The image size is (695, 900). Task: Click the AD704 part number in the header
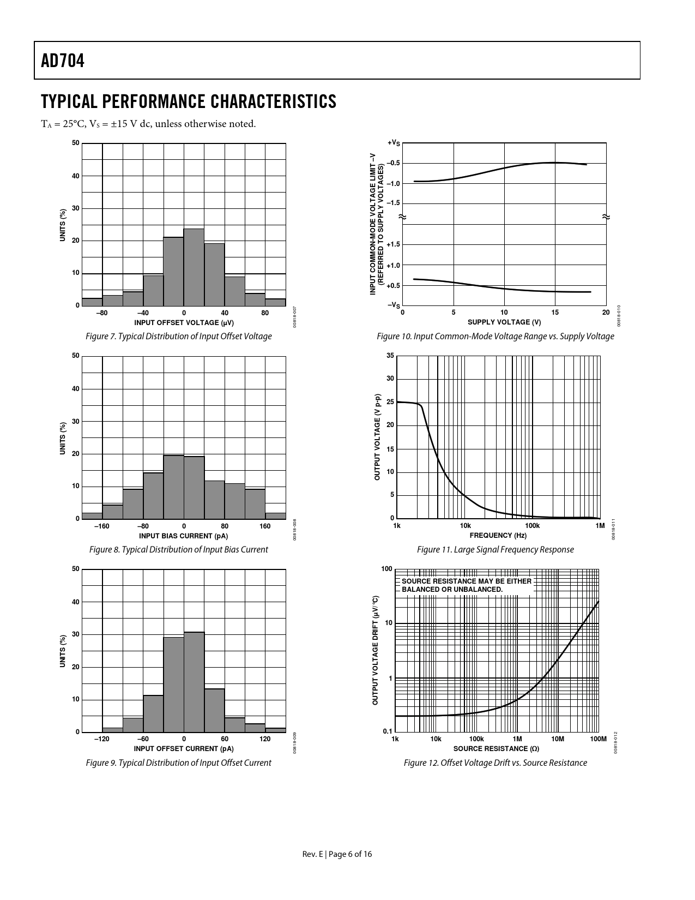[63, 61]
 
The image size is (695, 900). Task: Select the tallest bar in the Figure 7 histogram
[194, 267]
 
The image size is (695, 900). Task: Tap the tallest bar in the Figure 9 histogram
[194, 682]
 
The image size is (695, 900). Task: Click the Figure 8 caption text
[178, 549]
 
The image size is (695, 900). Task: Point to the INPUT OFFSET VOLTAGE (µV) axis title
[184, 323]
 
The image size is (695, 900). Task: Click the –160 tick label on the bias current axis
[102, 526]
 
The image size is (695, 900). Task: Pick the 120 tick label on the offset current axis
[265, 739]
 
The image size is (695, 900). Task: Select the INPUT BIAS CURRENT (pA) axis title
[184, 536]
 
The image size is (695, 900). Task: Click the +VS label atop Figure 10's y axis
[394, 143]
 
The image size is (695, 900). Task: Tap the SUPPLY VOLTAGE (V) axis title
[504, 322]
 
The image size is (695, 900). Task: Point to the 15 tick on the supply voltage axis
[555, 313]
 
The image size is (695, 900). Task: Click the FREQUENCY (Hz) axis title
[498, 535]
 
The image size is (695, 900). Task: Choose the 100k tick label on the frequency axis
[532, 526]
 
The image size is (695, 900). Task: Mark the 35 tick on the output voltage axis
[390, 356]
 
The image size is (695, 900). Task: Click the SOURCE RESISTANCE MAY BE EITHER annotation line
[466, 581]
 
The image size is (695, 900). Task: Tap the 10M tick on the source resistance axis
[557, 739]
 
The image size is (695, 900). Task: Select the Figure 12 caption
[495, 763]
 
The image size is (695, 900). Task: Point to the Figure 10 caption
[495, 336]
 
